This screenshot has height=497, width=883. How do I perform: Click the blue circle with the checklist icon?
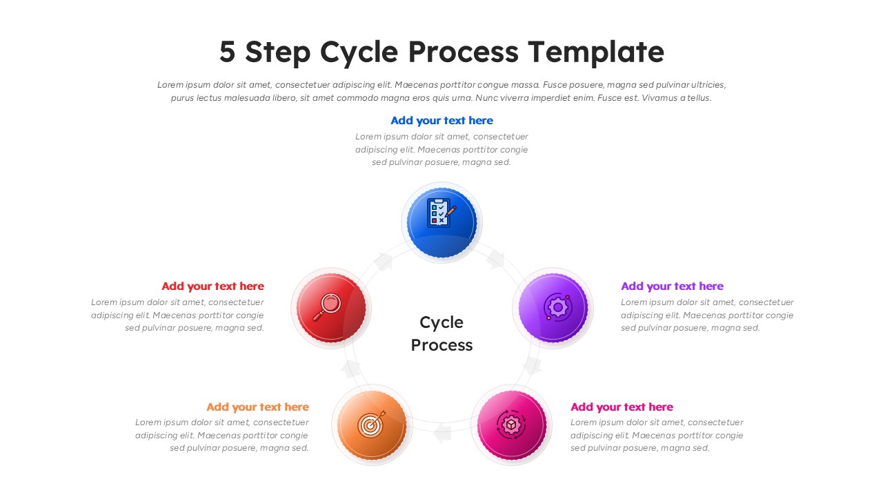[441, 222]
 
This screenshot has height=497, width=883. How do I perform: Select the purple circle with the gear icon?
[553, 308]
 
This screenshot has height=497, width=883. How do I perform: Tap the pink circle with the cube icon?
[511, 425]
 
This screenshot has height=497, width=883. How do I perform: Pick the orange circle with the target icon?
[372, 425]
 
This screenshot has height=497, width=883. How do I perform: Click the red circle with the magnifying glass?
[331, 307]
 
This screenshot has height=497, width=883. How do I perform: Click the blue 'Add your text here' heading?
[441, 121]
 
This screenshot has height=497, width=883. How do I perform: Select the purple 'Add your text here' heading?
[672, 286]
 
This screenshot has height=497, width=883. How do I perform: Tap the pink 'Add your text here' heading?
[622, 407]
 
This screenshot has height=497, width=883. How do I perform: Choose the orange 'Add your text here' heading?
[257, 407]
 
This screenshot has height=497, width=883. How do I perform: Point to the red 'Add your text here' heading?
[212, 286]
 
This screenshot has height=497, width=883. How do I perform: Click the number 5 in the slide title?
[227, 52]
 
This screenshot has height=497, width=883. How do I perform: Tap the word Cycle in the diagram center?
[441, 322]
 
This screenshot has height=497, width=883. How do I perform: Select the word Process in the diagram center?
[441, 345]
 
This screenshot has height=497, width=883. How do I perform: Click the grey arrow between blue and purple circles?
[495, 260]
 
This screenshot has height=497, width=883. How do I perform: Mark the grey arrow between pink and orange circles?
[442, 433]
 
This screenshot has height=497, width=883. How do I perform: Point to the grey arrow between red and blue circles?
[384, 262]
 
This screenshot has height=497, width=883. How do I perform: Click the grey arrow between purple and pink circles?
[532, 367]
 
